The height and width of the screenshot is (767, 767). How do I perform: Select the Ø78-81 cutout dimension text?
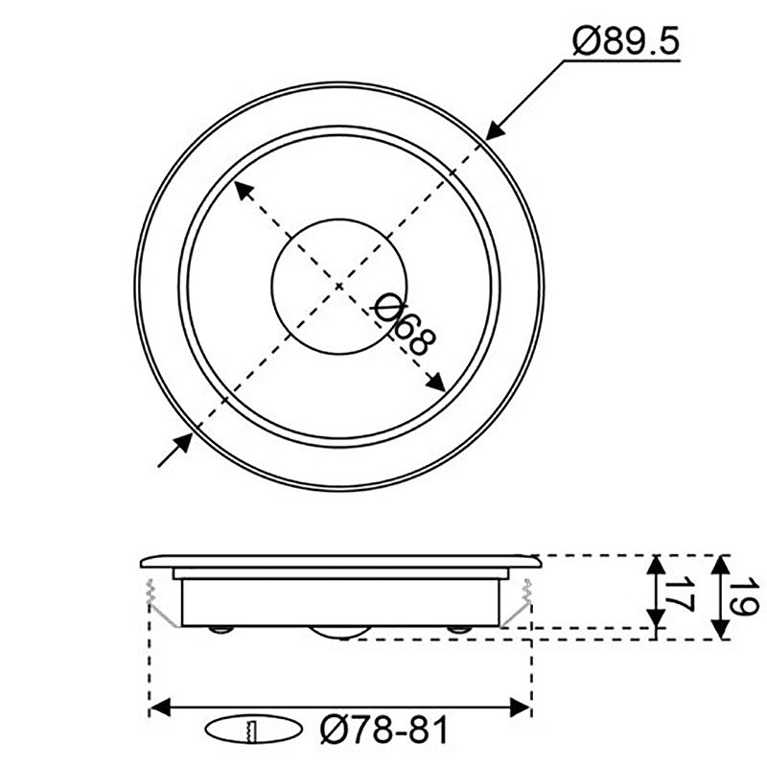pyautogui.click(x=383, y=732)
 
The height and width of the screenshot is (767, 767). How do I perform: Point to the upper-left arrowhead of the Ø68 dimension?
pyautogui.click(x=244, y=188)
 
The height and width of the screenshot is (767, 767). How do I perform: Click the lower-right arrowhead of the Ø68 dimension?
pyautogui.click(x=435, y=383)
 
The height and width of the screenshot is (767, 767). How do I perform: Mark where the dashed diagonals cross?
pyautogui.click(x=339, y=286)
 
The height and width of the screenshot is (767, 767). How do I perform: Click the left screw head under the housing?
pyautogui.click(x=221, y=629)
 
